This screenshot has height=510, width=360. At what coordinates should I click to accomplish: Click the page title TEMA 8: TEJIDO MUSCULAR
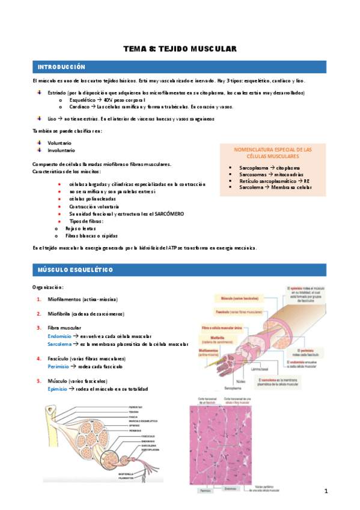pos(180,48)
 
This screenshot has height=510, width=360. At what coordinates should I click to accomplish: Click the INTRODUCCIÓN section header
pos(61,67)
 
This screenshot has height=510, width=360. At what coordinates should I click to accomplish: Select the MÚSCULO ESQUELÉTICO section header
pos(75,270)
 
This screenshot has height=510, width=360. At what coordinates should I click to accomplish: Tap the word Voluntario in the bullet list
pos(59,142)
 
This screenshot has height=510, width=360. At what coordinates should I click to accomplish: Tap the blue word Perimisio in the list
pos(58,366)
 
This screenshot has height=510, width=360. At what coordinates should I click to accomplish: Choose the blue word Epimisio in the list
pos(58,389)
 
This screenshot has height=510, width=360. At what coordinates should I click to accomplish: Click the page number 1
pos(325,491)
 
